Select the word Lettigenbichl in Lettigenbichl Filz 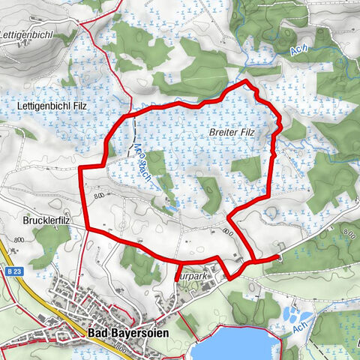(x=40, y=107)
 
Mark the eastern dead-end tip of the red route (x=279, y=258)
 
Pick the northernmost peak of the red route (x=245, y=81)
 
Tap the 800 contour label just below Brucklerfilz (x=19, y=239)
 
